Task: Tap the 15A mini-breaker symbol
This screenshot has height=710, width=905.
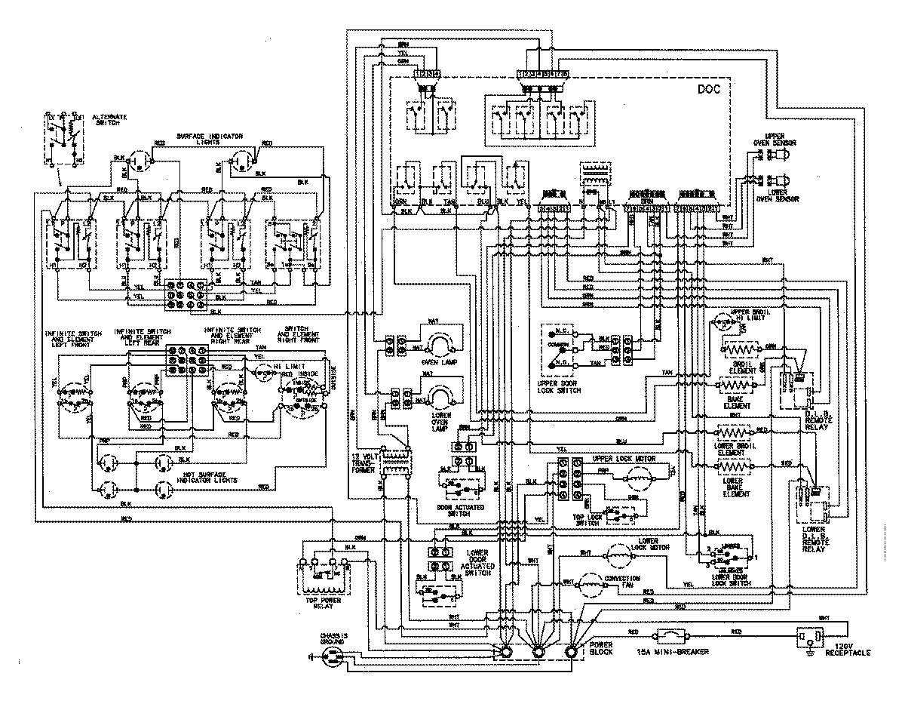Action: click(x=672, y=635)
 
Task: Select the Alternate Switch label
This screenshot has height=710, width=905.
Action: click(x=109, y=120)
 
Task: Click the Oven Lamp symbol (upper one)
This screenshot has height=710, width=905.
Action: click(x=437, y=346)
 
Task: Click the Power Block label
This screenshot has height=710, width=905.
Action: click(x=601, y=649)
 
